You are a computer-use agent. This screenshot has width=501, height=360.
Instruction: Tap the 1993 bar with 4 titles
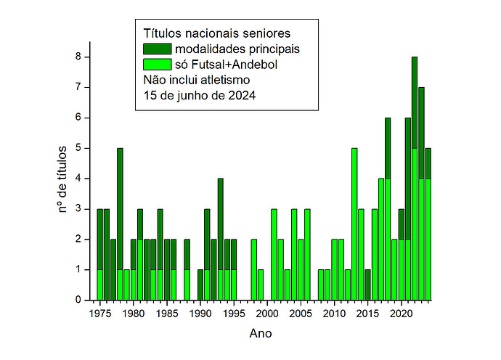pyautogui.click(x=220, y=239)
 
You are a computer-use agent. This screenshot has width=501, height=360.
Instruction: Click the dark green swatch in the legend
pyautogui.click(x=158, y=49)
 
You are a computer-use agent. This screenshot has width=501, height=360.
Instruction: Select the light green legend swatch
pyautogui.click(x=158, y=65)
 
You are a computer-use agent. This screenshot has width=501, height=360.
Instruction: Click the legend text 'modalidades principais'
pyautogui.click(x=237, y=49)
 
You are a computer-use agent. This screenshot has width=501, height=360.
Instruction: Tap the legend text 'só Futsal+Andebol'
pyautogui.click(x=227, y=65)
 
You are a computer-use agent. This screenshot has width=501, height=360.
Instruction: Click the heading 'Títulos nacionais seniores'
pyautogui.click(x=216, y=33)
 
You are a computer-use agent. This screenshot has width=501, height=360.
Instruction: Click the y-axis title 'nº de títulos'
pyautogui.click(x=62, y=179)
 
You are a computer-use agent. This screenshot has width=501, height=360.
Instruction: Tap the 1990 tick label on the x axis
pyautogui.click(x=200, y=314)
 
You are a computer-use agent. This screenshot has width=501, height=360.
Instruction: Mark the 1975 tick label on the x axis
pyautogui.click(x=100, y=314)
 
